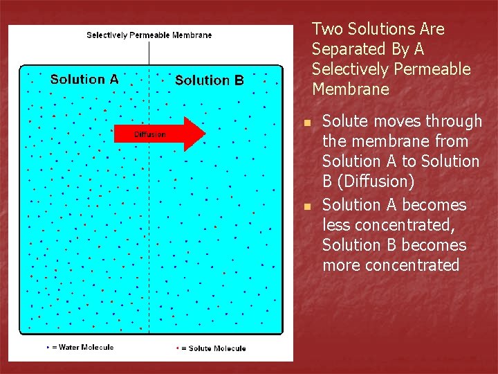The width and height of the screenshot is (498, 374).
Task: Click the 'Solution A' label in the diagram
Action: pos(84,79)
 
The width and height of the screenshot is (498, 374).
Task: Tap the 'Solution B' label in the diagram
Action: pos(209,80)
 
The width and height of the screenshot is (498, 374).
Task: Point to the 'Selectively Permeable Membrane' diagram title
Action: pos(149,35)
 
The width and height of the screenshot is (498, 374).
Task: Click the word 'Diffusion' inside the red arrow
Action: pos(149,134)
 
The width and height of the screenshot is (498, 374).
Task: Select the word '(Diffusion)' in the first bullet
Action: pos(378,181)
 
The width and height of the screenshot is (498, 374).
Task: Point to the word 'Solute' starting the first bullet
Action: pos(345,121)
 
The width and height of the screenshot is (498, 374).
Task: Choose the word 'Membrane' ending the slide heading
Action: pos(350,89)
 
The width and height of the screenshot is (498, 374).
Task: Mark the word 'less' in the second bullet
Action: pos(336,225)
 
